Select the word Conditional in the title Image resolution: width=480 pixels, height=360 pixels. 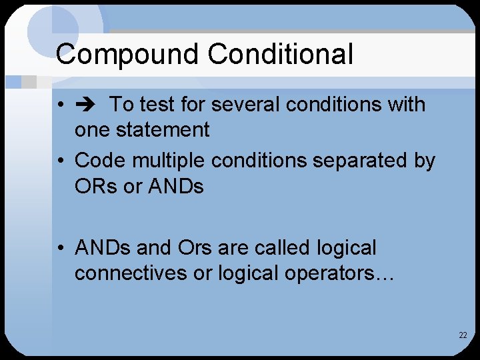280,53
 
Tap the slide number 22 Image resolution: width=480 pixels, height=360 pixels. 463,335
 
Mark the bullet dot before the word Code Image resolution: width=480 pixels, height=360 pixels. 61,161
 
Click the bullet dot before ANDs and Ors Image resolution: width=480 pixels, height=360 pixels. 61,249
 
